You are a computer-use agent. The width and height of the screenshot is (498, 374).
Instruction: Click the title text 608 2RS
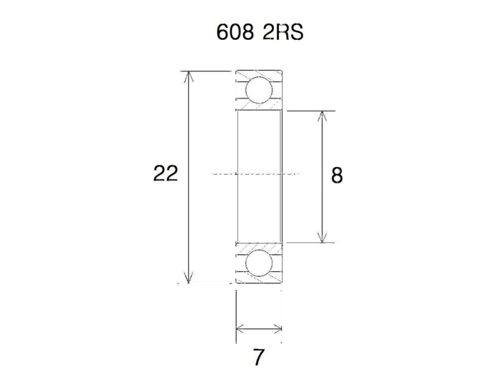point(259,32)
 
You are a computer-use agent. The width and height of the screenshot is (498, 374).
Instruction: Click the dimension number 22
point(166,174)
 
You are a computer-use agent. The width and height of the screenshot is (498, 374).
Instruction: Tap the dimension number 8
point(337,176)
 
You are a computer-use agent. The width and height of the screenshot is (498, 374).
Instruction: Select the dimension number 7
point(259,358)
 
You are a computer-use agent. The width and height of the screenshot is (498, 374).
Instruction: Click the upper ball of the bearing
point(259,90)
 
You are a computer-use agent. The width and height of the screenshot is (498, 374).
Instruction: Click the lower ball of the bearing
point(259,264)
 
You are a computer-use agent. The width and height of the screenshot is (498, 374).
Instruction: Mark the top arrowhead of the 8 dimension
point(321,115)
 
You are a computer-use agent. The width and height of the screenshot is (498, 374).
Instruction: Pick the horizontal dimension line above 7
point(259,329)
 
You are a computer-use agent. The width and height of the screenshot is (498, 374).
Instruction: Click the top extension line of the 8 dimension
point(311,111)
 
